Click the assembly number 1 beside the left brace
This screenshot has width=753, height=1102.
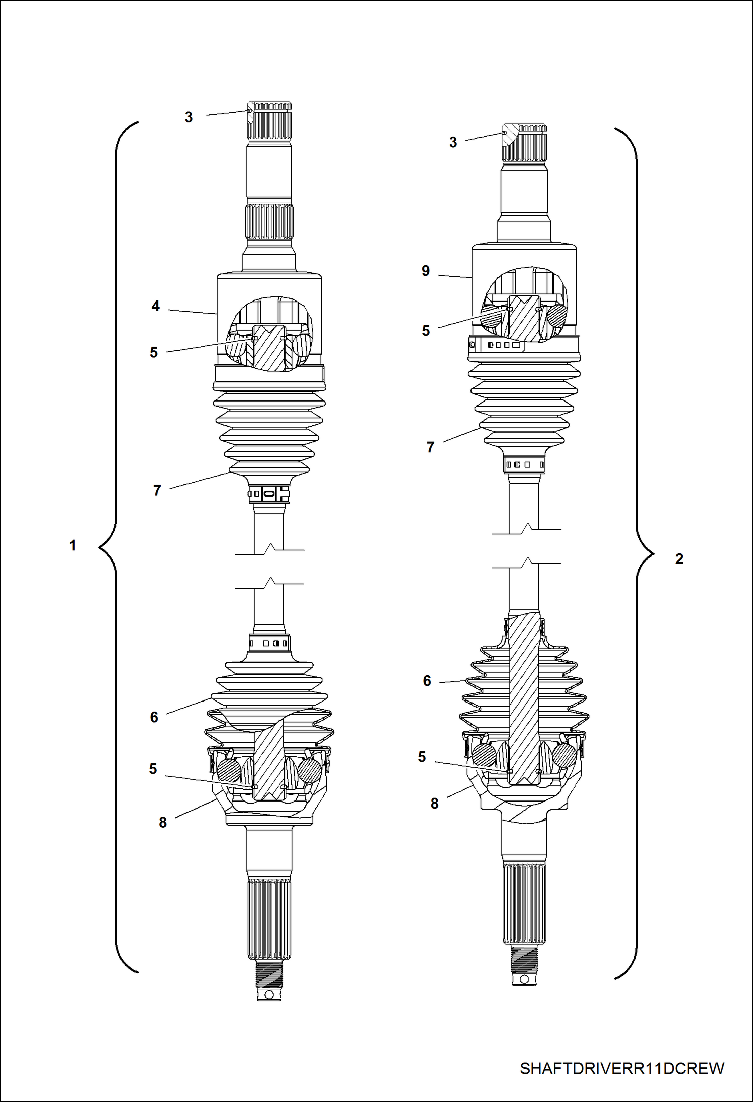click(x=73, y=545)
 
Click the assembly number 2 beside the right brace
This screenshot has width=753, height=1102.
click(x=679, y=559)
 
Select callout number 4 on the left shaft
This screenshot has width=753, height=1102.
click(x=156, y=306)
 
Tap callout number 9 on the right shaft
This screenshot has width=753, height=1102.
click(x=426, y=271)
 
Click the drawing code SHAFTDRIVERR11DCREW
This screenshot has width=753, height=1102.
click(x=622, y=1068)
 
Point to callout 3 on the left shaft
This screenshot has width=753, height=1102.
click(x=189, y=117)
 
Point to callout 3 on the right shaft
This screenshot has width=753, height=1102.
click(x=453, y=142)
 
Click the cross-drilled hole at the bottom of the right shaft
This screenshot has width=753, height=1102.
click(x=524, y=979)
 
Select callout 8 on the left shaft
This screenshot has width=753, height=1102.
click(x=163, y=823)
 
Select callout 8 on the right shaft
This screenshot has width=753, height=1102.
click(x=435, y=804)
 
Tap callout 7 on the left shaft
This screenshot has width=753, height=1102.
click(x=157, y=490)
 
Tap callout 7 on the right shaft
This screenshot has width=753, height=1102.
click(x=430, y=447)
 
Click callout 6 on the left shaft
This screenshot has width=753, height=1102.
click(x=154, y=717)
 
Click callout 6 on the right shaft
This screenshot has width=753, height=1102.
click(x=427, y=681)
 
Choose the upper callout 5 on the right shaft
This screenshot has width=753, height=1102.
click(x=426, y=331)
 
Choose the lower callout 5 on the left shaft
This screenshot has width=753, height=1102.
click(x=153, y=769)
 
